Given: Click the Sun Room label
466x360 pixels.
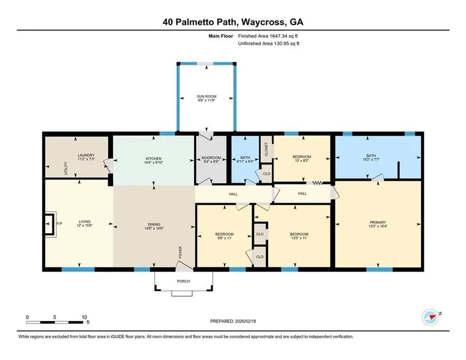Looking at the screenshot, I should tap(207, 96).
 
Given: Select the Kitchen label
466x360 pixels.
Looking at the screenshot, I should tap(153, 159).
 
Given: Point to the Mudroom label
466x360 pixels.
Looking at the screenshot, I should tap(211, 157).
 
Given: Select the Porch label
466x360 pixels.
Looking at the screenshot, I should tap(183, 281).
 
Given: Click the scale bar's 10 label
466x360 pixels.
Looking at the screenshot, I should tap(84, 317).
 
